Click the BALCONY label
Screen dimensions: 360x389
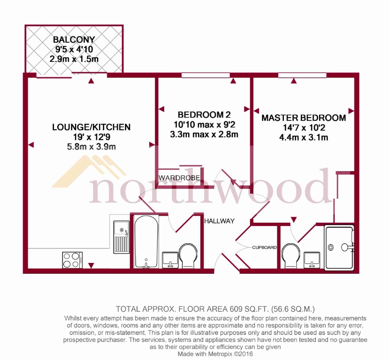74,39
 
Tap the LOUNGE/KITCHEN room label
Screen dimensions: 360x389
91,127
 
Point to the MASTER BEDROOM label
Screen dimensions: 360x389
304,118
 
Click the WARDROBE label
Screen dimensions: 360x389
180,178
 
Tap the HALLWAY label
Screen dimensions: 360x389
219,221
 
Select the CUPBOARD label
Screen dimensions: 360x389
264,247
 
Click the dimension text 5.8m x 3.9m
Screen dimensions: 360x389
91,147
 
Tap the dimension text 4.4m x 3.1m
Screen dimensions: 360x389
304,137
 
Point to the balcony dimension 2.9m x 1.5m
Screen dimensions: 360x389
74,59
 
